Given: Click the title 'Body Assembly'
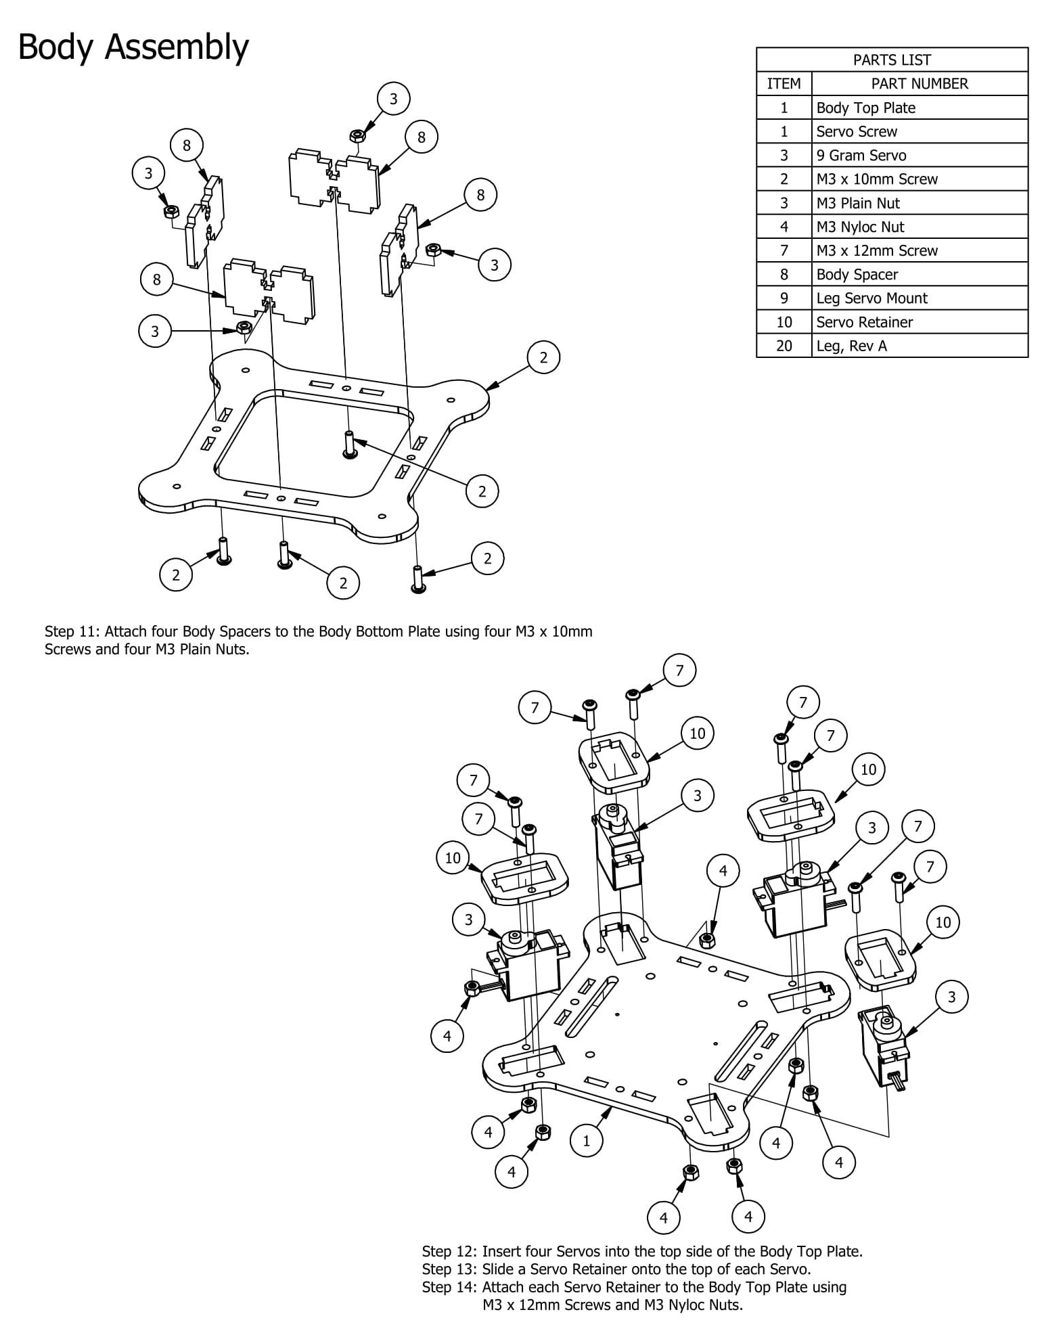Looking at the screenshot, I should click(x=133, y=47).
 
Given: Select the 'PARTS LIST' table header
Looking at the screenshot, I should click(x=891, y=60).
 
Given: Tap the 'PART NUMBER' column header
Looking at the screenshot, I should click(x=919, y=83).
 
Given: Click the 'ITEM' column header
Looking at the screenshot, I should click(x=784, y=83).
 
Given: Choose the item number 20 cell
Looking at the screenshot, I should click(x=784, y=346).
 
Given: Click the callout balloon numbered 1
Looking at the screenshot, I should click(x=586, y=1140).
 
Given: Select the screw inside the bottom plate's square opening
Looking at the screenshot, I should click(x=349, y=445).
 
